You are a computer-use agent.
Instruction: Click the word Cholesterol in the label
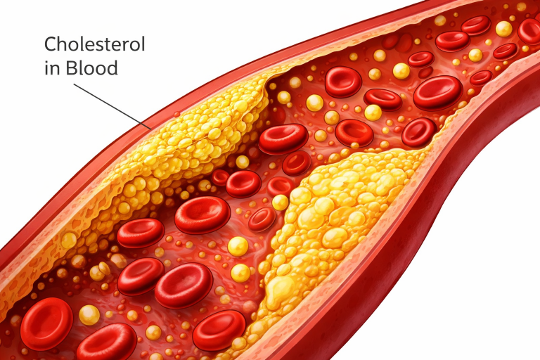coord(94,44)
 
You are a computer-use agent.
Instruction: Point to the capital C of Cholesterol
coord(51,44)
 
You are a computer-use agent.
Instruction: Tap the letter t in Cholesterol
coord(110,44)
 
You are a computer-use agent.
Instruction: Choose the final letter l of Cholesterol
coord(143,44)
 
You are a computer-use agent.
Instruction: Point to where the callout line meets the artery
coord(149,127)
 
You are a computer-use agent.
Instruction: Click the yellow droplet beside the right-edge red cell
coord(503,29)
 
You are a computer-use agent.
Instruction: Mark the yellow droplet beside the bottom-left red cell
coord(89,314)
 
